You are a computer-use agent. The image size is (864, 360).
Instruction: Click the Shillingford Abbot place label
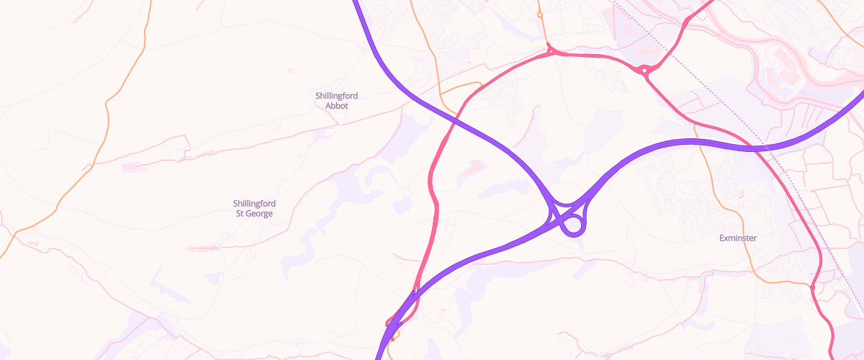pyautogui.click(x=336, y=101)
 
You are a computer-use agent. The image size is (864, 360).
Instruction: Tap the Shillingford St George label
pyautogui.click(x=255, y=208)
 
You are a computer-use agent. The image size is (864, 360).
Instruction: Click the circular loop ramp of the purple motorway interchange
pyautogui.click(x=573, y=226)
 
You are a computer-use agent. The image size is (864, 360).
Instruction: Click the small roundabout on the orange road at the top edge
pyautogui.click(x=539, y=14)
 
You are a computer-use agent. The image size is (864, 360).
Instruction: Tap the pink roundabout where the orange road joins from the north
pyautogui.click(x=551, y=51)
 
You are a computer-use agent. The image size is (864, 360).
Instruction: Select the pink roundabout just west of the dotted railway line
pyautogui.click(x=644, y=71)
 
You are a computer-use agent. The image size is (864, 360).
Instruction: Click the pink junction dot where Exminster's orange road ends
pyautogui.click(x=812, y=287)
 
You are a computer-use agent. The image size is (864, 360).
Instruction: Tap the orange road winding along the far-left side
pyautogui.click(x=108, y=108)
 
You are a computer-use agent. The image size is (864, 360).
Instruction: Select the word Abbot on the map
pyautogui.click(x=336, y=106)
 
